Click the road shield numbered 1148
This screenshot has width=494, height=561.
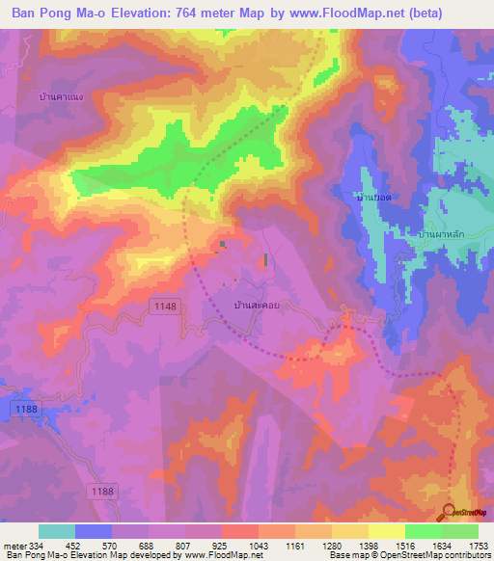pyautogui.click(x=165, y=306)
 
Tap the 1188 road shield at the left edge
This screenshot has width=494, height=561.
pyautogui.click(x=28, y=410)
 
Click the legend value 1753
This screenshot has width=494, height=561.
pyautogui.click(x=479, y=545)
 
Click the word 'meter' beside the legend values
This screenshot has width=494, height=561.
pyautogui.click(x=16, y=545)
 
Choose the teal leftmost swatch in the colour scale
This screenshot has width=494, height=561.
pyautogui.click(x=57, y=531)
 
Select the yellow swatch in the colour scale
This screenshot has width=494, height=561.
pyautogui.click(x=386, y=531)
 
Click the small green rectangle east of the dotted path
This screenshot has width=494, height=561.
pyautogui.click(x=266, y=259)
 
